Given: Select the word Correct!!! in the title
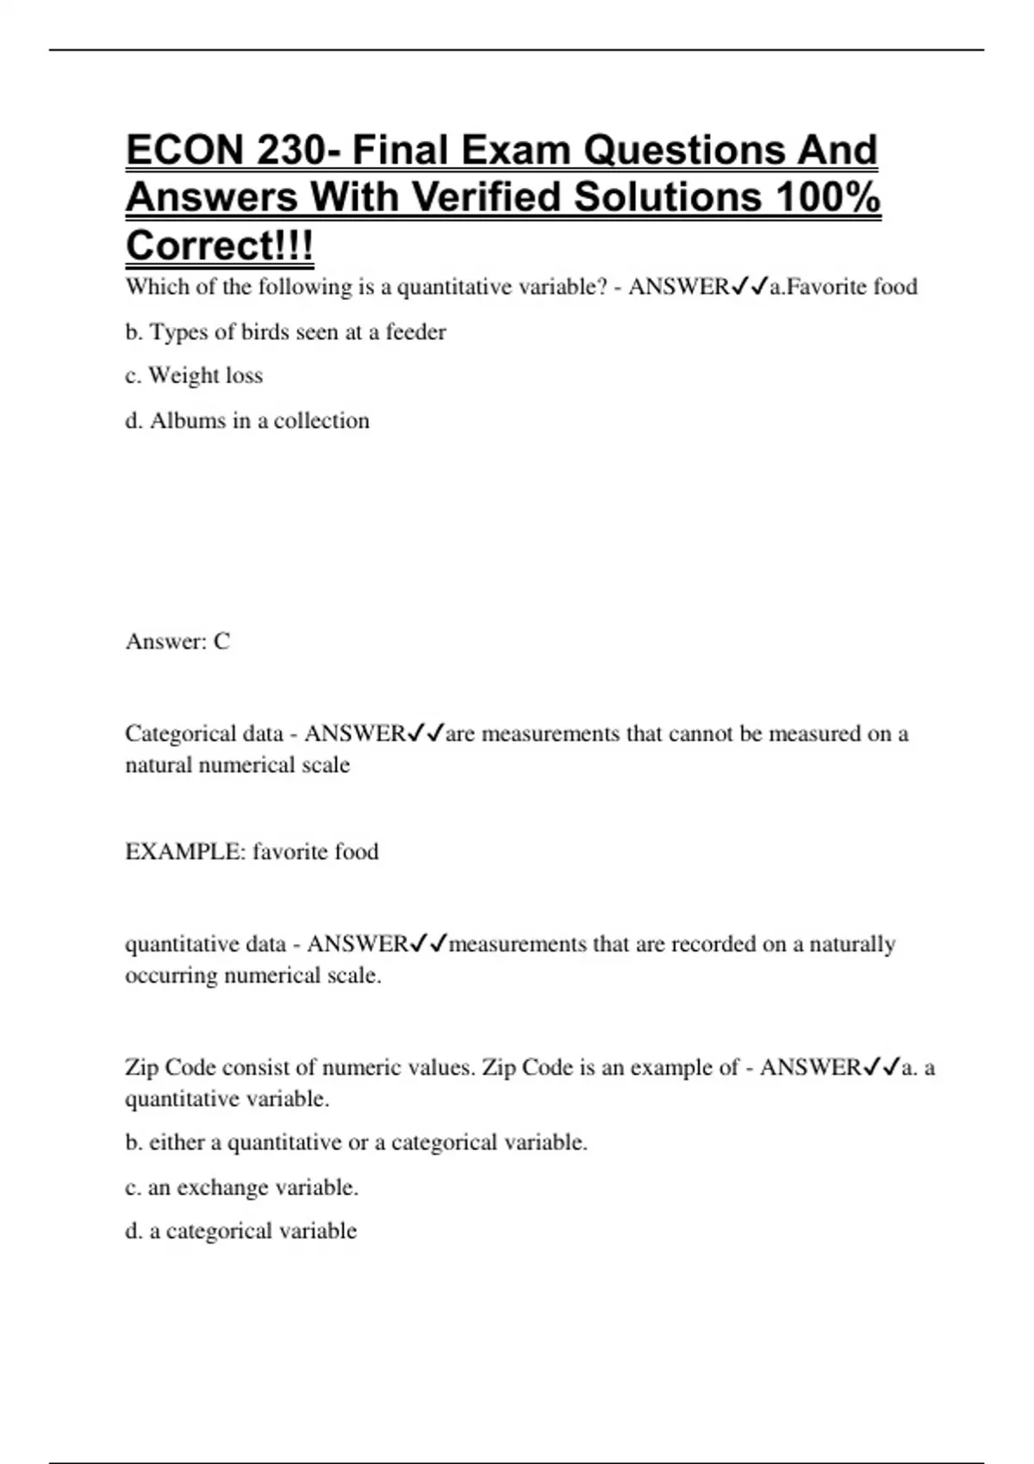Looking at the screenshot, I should point(220,246).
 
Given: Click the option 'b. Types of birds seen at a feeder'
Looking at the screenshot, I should point(285,332).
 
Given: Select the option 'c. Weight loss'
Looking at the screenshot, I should point(194,376).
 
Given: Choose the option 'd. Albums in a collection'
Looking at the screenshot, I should point(247,421).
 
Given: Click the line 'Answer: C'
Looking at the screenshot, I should point(178,642).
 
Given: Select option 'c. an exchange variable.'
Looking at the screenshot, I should point(241,1188).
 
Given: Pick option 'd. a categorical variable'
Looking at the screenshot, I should point(240,1231).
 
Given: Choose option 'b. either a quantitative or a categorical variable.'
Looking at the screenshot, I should point(356,1143).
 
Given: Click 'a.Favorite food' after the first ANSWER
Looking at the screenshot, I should point(843,287).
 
